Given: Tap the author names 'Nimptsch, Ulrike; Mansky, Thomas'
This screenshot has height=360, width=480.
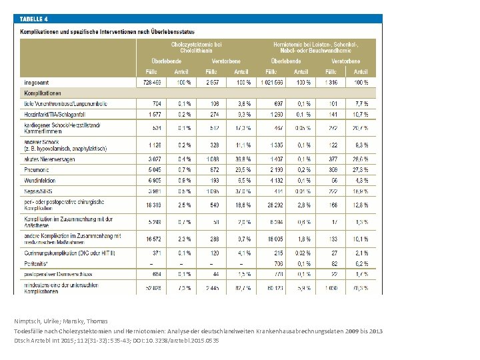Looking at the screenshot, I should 61,321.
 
